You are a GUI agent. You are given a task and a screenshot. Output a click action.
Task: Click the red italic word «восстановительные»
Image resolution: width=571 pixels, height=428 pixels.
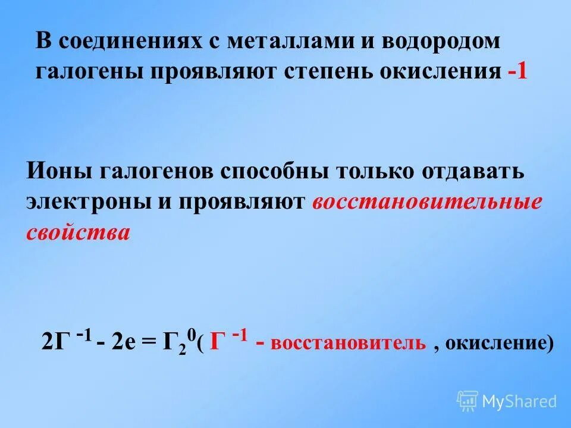pyautogui.click(x=426, y=202)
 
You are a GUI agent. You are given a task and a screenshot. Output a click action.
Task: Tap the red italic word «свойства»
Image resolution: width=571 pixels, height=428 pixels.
pyautogui.click(x=77, y=231)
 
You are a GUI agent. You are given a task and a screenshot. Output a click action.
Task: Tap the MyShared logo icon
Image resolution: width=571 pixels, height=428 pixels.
pyautogui.click(x=467, y=401)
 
